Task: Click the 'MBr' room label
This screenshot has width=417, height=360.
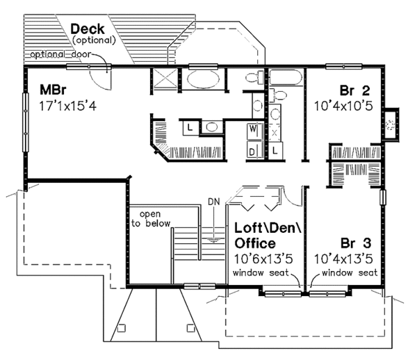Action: click(x=49, y=92)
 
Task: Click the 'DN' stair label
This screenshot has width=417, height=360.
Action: click(x=213, y=202)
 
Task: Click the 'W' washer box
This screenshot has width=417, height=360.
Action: click(x=253, y=129)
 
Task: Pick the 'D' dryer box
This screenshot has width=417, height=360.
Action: click(x=253, y=149)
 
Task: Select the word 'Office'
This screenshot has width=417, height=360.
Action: click(x=254, y=243)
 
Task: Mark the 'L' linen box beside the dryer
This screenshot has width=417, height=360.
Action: click(x=275, y=149)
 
